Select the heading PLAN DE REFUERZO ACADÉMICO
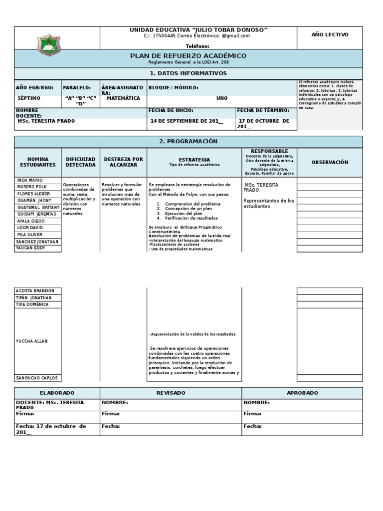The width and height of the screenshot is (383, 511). [188, 56]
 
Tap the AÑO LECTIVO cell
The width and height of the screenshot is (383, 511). [330, 34]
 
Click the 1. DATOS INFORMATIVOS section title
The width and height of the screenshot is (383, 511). [188, 73]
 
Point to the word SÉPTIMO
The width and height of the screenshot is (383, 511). [29, 98]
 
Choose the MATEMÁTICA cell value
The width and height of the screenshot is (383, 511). [123, 98]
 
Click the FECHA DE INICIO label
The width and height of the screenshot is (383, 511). [171, 110]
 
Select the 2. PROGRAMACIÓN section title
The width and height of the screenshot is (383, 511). [188, 141]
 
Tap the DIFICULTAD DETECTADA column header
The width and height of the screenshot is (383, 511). [80, 162]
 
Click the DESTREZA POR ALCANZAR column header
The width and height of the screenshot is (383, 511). [123, 162]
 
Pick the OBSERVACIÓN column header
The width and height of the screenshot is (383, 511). [330, 162]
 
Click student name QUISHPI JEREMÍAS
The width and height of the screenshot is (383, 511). [36, 214]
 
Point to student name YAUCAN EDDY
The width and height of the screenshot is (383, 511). [31, 248]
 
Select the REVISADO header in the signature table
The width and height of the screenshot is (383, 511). [171, 393]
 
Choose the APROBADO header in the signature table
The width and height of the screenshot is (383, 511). [302, 393]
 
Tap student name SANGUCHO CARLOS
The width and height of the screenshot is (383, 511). [37, 378]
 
